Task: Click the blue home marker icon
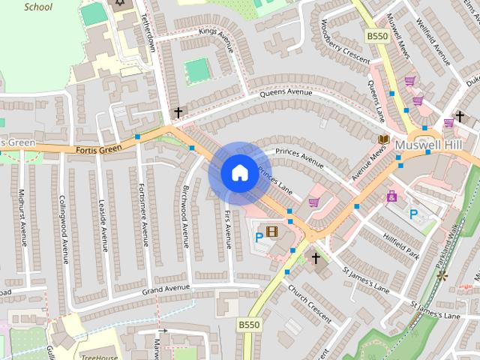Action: [x=239, y=172]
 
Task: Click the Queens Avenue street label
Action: [x=285, y=94]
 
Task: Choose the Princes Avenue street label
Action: [x=299, y=158]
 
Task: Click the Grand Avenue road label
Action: [x=163, y=289]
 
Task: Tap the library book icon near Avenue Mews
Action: [x=383, y=139]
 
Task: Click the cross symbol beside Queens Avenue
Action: [x=178, y=112]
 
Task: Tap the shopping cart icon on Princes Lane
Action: [x=313, y=202]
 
